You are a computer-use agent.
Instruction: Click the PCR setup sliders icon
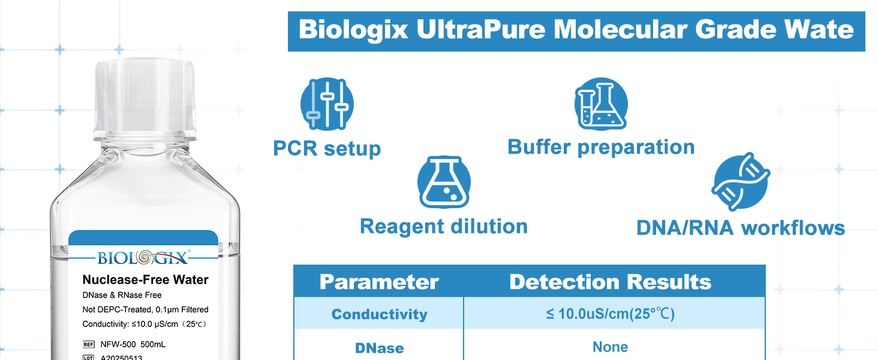point(327,104)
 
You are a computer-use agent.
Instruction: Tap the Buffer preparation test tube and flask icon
point(601,104)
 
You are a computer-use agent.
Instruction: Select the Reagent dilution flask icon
point(444,182)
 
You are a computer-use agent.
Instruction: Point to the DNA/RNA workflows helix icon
point(741,182)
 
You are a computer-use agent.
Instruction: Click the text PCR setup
point(327,149)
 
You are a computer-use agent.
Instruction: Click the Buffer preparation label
point(601,148)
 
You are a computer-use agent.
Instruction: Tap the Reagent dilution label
point(444,226)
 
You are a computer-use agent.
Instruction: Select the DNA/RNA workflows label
point(741,228)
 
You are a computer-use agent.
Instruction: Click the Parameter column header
point(379,281)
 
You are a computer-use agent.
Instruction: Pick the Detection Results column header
point(611,281)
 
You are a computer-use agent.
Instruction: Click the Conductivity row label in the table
point(379,314)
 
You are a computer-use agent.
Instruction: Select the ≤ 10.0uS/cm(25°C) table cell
point(611,314)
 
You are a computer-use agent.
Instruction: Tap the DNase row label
point(379,348)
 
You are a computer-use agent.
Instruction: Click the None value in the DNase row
point(611,347)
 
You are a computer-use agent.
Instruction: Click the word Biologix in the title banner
point(353,30)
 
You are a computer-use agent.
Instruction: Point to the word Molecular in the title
point(620,29)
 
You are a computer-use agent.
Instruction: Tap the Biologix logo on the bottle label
point(143,257)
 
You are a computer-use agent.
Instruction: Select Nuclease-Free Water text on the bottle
point(145,280)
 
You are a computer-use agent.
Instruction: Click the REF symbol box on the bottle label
point(89,344)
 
